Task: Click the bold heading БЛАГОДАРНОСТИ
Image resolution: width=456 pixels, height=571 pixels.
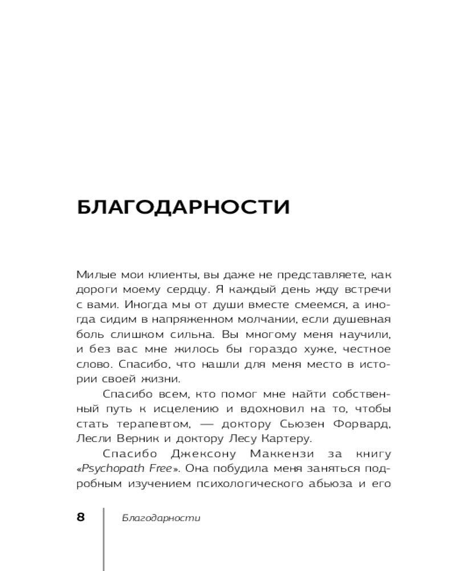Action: pos(183,207)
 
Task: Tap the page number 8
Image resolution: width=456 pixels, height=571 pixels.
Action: pos(80,517)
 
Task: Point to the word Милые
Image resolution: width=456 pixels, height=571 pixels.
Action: pos(91,274)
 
